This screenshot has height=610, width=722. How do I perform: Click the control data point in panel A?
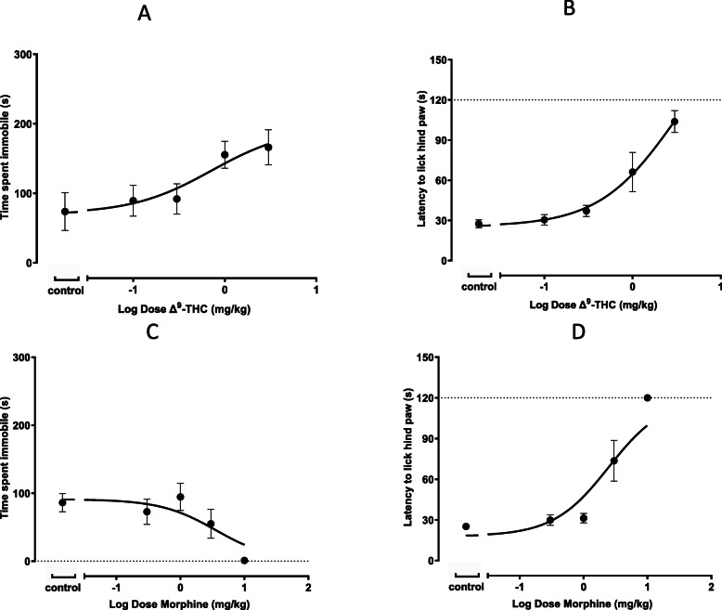pos(65,212)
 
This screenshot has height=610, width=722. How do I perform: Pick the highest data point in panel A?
pos(268,148)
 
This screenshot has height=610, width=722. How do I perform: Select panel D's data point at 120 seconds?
pos(648,397)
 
